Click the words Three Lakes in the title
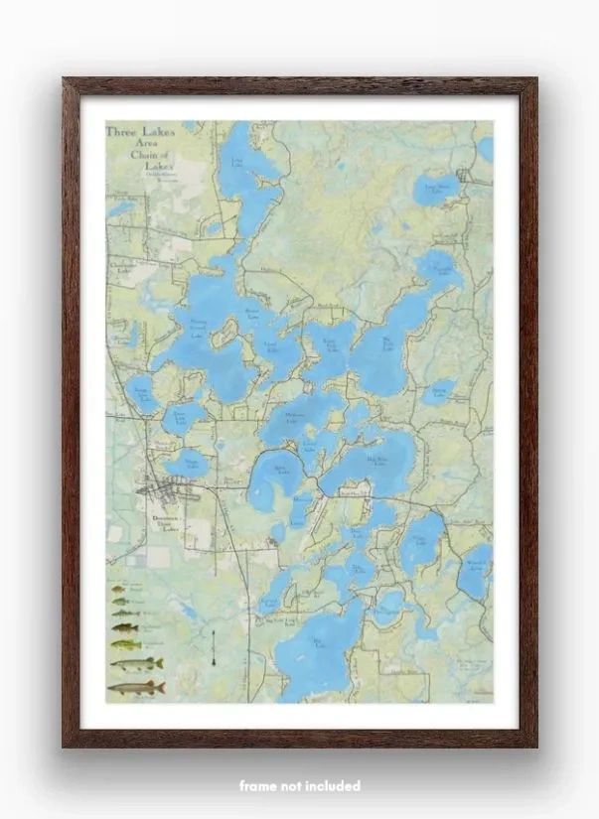click(x=139, y=131)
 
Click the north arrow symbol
click(x=214, y=646)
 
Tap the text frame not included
click(x=299, y=785)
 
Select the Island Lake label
click(x=270, y=346)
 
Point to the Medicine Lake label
click(x=294, y=417)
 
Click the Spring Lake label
click(x=438, y=393)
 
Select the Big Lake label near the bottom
click(x=319, y=645)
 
